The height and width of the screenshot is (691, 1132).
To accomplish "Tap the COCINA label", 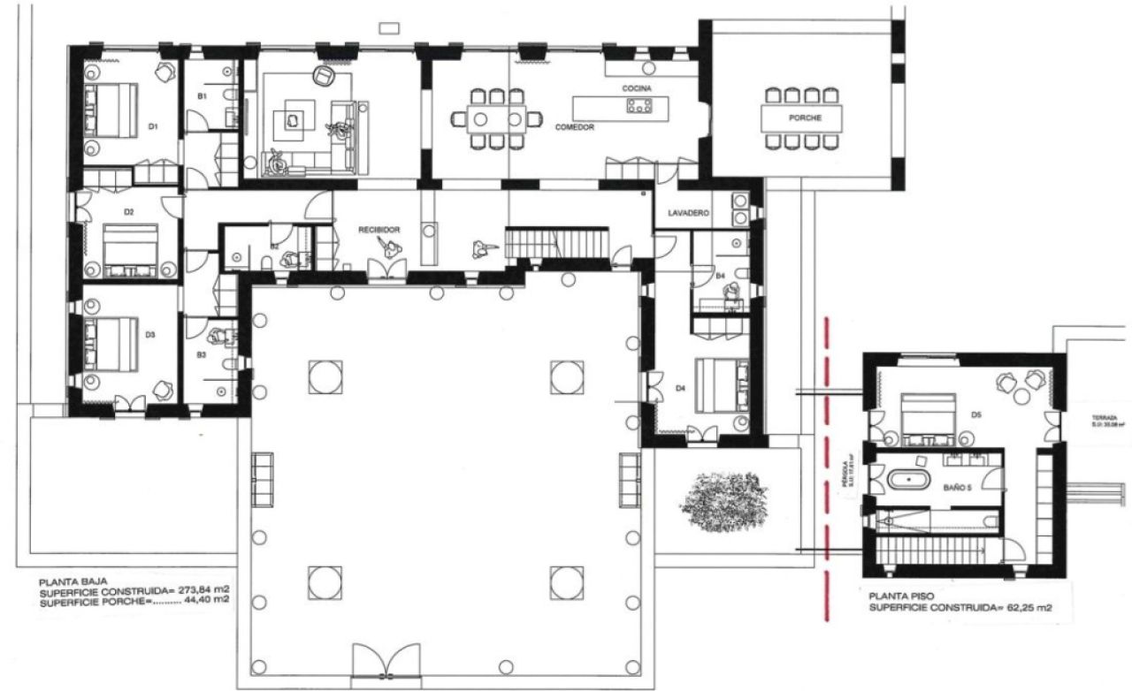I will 637,89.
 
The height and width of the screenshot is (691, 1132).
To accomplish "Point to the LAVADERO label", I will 690,213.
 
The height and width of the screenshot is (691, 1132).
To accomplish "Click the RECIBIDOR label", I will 379,230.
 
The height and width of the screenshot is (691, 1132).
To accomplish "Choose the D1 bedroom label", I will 152,127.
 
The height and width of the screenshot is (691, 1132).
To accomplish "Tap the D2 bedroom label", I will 128,212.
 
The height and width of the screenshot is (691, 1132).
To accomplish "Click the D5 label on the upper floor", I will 975,414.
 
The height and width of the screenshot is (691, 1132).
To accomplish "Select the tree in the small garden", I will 717,501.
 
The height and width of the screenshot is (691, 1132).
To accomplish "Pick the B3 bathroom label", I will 202,354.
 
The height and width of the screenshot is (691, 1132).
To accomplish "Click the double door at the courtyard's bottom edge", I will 382,663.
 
